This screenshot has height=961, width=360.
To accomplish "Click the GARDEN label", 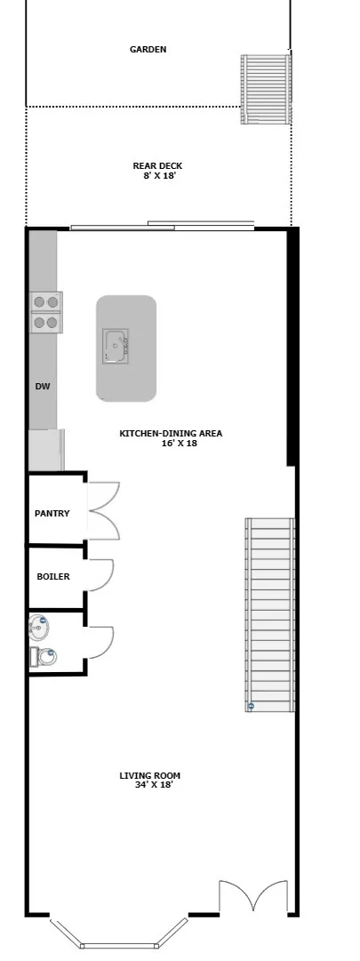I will [148, 50].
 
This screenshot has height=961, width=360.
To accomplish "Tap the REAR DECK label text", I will [157, 165].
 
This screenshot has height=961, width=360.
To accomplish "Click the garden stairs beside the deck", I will [266, 89].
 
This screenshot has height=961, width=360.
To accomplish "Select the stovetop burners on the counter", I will [45, 312].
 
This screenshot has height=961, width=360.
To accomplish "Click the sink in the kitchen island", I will [115, 346].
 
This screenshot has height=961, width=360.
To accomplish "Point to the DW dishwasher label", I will [42, 387].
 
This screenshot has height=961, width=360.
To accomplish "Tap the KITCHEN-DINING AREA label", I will [171, 434].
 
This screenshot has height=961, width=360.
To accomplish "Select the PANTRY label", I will [52, 514].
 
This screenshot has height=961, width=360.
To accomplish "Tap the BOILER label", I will [52, 577].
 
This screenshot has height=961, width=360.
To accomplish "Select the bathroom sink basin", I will [39, 628].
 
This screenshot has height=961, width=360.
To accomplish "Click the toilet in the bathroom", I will [44, 658].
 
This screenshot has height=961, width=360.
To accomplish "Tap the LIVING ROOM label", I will [149, 776].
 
